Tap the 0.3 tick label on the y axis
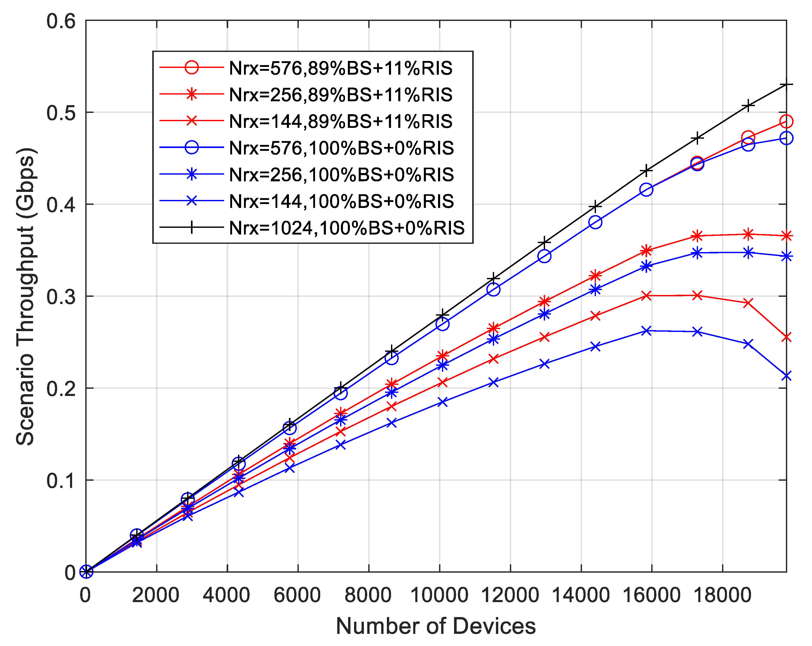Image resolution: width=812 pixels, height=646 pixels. [x=61, y=297]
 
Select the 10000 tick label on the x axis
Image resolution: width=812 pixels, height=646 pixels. [x=439, y=595]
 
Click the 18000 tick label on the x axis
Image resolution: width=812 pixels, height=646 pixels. [x=722, y=595]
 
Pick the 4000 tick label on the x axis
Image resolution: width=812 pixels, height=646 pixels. [x=226, y=595]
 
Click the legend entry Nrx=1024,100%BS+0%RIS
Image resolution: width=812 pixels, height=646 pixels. [x=347, y=228]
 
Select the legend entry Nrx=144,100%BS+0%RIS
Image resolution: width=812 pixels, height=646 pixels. [x=341, y=201]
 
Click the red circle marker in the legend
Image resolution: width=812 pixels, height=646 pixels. [x=192, y=68]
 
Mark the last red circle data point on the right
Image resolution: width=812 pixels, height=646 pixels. [x=786, y=121]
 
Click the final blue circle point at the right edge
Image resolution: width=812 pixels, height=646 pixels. [x=786, y=138]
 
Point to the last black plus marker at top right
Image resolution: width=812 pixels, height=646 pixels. [x=786, y=85]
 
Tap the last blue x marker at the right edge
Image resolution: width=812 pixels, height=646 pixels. [x=786, y=376]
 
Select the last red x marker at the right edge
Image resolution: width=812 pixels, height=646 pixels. [x=786, y=337]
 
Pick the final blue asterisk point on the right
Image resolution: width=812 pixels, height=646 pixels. [x=786, y=257]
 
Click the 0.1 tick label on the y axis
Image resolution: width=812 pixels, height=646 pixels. [x=61, y=481]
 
